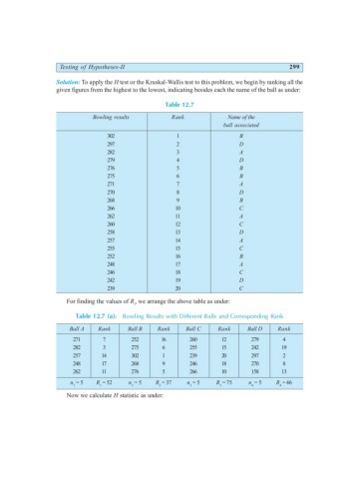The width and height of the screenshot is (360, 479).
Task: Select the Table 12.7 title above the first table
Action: [180, 70]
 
